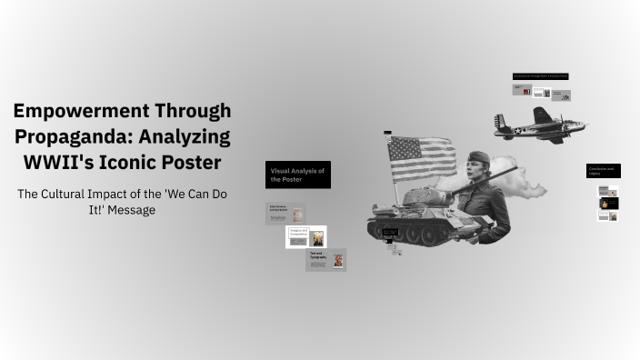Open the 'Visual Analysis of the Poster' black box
[x=297, y=175]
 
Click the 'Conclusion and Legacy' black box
[x=603, y=171]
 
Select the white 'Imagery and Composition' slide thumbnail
[x=305, y=237]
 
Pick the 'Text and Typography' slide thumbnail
[x=325, y=260]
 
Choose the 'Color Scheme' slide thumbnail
[x=285, y=214]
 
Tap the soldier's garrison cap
[x=478, y=158]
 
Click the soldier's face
[x=478, y=170]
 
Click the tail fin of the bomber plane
[x=500, y=122]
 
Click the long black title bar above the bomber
[x=540, y=76]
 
